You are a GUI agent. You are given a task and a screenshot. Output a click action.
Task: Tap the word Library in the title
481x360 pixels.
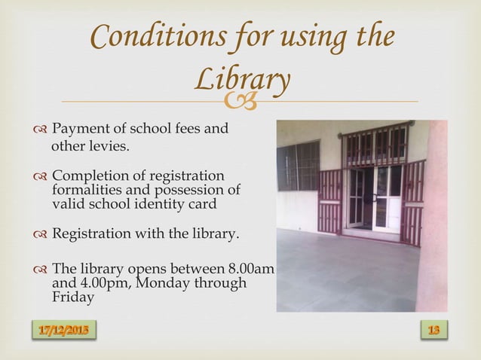[241, 81]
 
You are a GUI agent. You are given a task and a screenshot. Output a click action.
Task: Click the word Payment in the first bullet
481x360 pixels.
[81, 129]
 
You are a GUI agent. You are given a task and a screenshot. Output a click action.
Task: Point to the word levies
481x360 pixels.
[110, 145]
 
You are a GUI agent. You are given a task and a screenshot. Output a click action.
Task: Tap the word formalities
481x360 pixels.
[87, 189]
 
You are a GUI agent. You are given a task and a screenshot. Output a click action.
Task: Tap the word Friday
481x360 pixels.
[72, 297]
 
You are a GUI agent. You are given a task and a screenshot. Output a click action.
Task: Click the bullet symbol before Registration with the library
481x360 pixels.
[40, 235]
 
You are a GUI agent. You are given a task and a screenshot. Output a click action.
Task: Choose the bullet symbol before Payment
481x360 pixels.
[40, 130]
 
